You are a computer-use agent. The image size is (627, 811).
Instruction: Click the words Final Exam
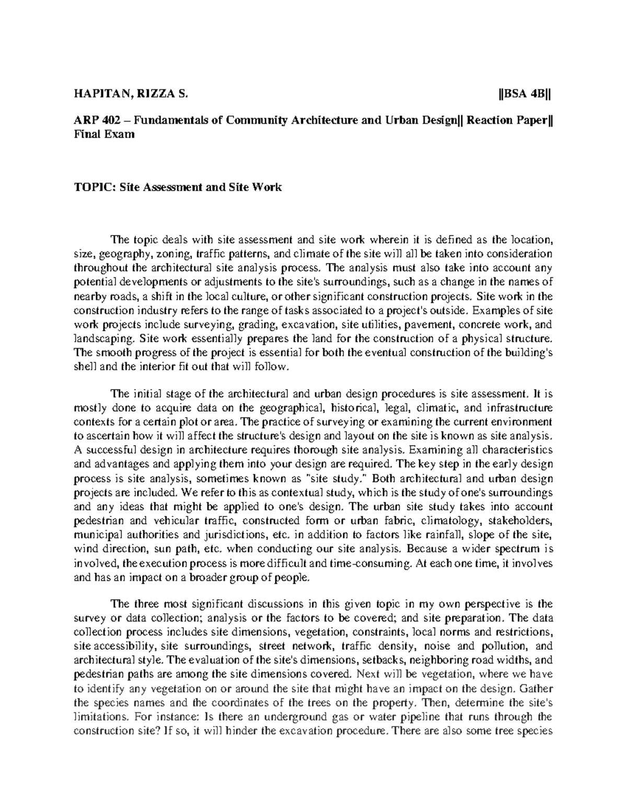[x=104, y=135]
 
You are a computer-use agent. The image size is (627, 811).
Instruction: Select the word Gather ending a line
[x=536, y=689]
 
